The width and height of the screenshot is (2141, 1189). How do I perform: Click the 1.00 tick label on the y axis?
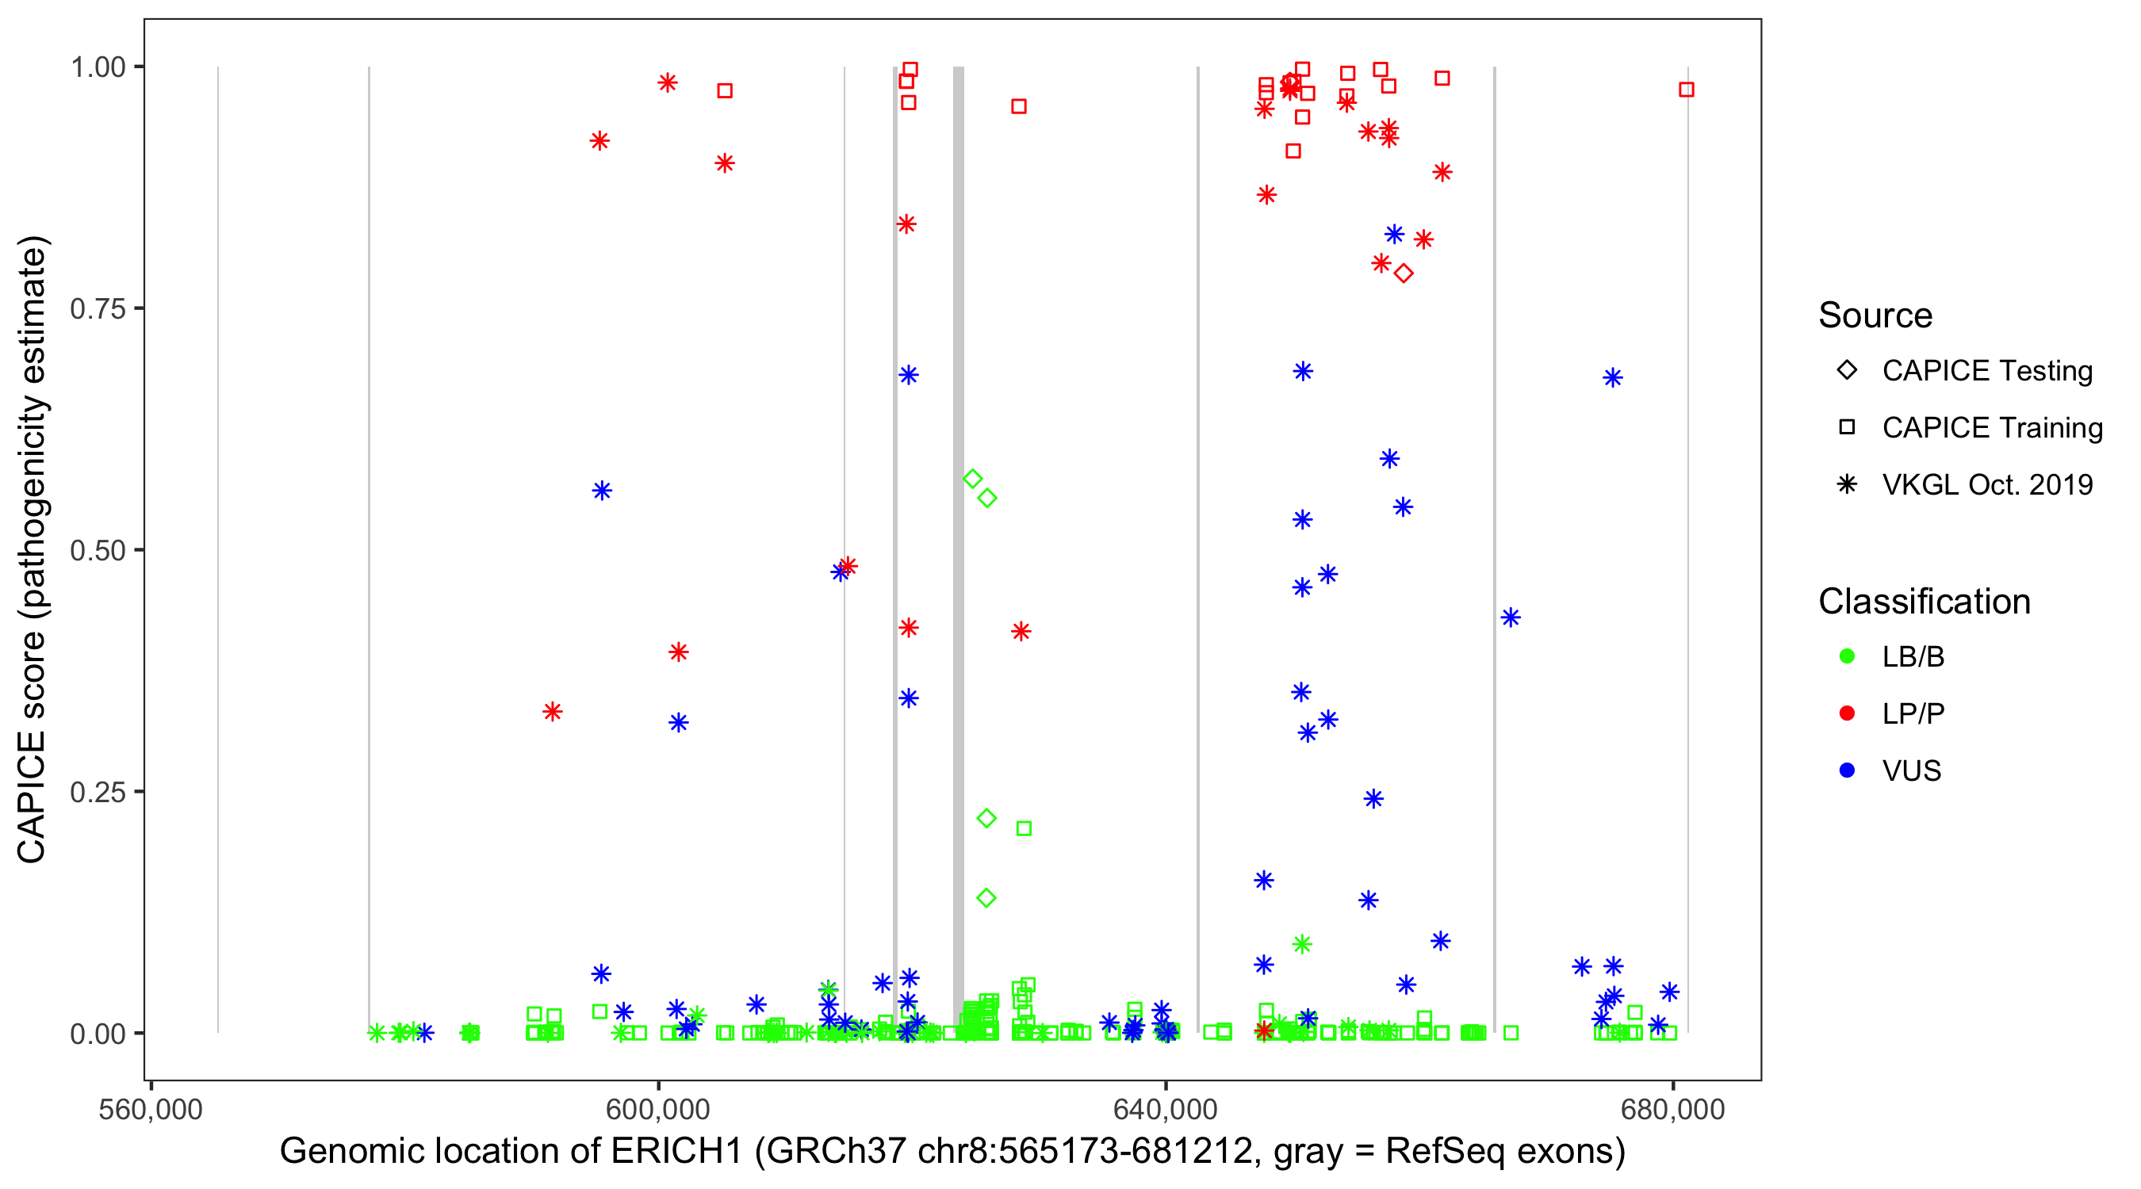pyautogui.click(x=98, y=67)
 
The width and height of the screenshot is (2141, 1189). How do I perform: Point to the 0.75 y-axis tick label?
pyautogui.click(x=98, y=309)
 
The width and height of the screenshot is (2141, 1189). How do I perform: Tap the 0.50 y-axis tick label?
pyautogui.click(x=98, y=550)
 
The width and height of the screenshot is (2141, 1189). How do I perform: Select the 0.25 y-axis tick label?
pyautogui.click(x=98, y=792)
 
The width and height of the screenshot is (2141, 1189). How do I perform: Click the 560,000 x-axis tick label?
pyautogui.click(x=151, y=1109)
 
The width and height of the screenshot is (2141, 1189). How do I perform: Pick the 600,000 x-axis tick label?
pyautogui.click(x=657, y=1109)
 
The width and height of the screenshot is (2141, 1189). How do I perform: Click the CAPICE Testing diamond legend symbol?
pyautogui.click(x=1847, y=371)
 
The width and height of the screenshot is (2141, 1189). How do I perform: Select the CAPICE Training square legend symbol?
pyautogui.click(x=1847, y=427)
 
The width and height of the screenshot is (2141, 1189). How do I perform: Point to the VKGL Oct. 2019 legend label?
pyautogui.click(x=1987, y=484)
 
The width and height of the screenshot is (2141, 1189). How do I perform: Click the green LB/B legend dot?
pyautogui.click(x=1847, y=656)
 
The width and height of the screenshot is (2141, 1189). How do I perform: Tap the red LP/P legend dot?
pyautogui.click(x=1847, y=713)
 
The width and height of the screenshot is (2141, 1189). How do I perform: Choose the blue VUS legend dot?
pyautogui.click(x=1847, y=770)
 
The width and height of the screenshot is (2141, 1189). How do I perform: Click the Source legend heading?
pyautogui.click(x=1875, y=315)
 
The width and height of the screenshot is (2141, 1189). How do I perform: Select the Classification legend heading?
pyautogui.click(x=1924, y=602)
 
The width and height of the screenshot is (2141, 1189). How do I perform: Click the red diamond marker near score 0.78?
pyautogui.click(x=1404, y=273)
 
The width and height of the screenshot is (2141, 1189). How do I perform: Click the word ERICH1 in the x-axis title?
pyautogui.click(x=676, y=1152)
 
